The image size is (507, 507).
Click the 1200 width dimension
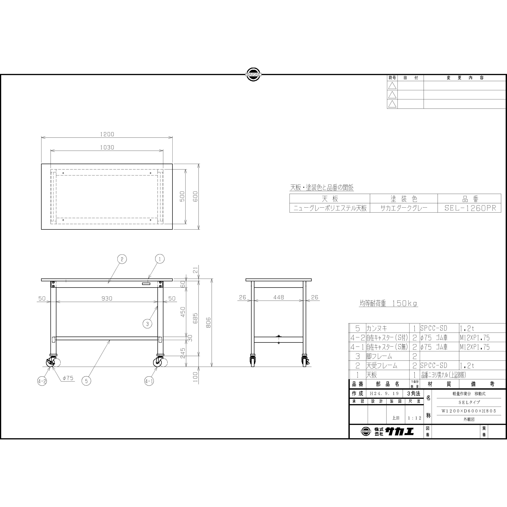click(x=107, y=134)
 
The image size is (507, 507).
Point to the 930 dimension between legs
click(x=107, y=298)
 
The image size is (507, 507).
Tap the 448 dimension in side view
click(x=279, y=297)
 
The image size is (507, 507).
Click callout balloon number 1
click(x=160, y=259)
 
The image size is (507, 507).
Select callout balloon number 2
click(x=122, y=259)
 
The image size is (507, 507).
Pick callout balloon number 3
click(x=147, y=324)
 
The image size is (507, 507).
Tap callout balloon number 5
click(x=86, y=381)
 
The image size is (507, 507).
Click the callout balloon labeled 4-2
click(x=42, y=381)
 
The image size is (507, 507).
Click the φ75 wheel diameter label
click(x=68, y=378)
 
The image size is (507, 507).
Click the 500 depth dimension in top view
click(x=182, y=196)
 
